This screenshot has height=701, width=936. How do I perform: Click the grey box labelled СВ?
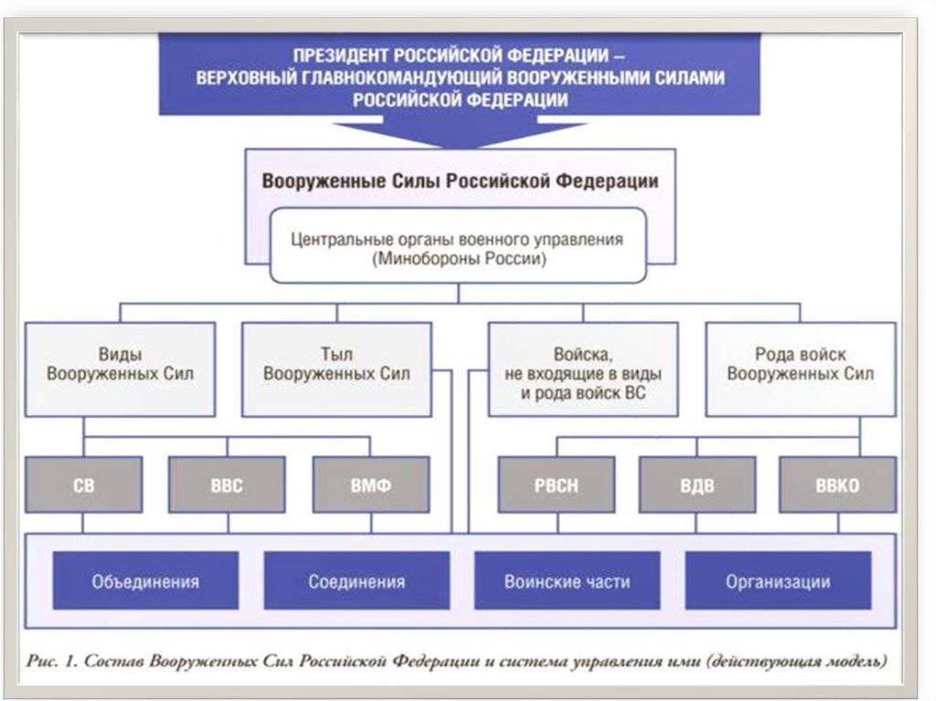coord(83,485)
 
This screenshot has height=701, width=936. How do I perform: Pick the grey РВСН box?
coord(555,485)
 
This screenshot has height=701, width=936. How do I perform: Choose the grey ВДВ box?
coord(697,485)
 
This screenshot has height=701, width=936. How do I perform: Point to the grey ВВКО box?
coord(836,485)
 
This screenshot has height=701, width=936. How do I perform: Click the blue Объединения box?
coord(145,581)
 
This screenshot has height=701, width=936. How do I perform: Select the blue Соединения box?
coord(356,581)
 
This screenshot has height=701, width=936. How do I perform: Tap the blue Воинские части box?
coord(567,581)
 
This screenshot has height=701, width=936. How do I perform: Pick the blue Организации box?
coord(778,581)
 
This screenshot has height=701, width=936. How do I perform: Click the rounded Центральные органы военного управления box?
coord(457,248)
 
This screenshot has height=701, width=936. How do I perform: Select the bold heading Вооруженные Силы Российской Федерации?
coord(460,180)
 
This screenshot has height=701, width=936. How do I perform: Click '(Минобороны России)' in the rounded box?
coord(457,259)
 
